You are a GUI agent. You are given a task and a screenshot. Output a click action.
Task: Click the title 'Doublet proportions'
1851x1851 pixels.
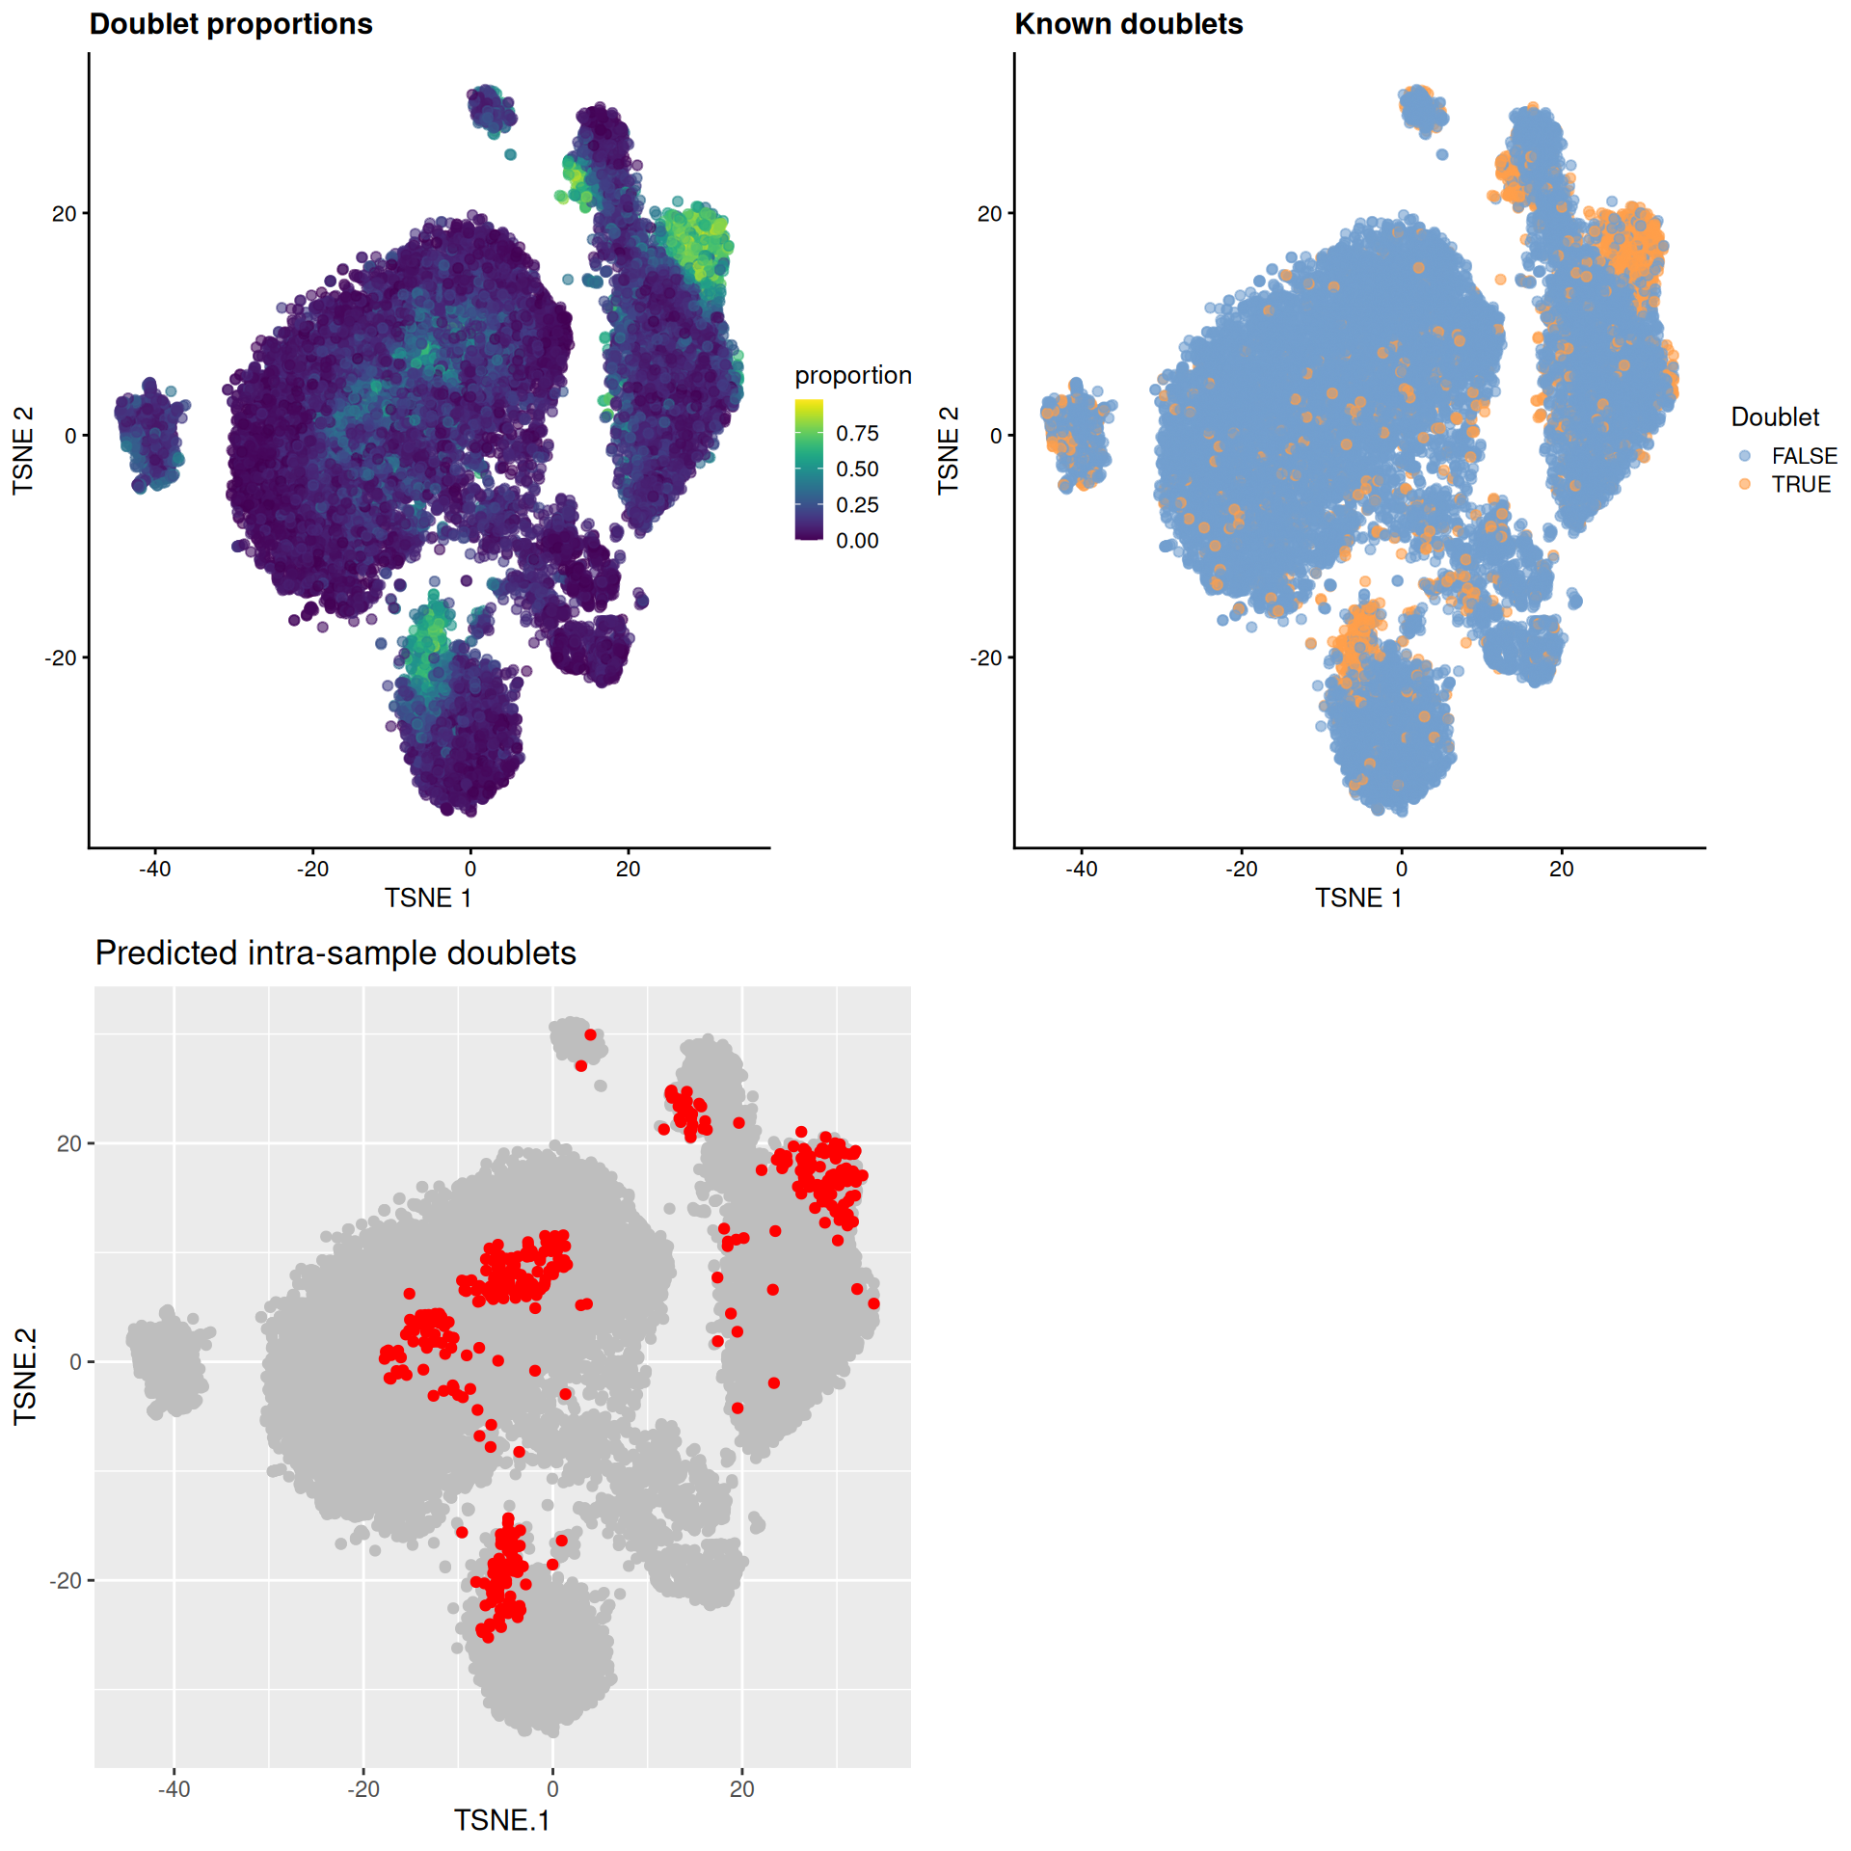pyautogui.click(x=230, y=24)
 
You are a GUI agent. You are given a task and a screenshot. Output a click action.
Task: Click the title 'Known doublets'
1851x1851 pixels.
pyautogui.click(x=1128, y=24)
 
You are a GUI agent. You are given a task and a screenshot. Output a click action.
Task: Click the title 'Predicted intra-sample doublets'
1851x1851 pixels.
pyautogui.click(x=335, y=952)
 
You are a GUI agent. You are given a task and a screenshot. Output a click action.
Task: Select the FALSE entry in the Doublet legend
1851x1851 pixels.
pyautogui.click(x=1803, y=456)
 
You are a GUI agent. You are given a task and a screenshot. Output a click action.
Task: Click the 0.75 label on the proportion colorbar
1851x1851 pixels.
pyautogui.click(x=857, y=434)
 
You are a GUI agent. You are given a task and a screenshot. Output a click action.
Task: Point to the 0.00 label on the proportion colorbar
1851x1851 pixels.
pyautogui.click(x=857, y=541)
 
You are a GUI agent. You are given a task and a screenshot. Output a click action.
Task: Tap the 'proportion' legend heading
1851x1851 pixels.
pyautogui.click(x=852, y=375)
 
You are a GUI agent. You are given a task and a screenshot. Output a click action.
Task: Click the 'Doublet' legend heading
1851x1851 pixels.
pyautogui.click(x=1775, y=417)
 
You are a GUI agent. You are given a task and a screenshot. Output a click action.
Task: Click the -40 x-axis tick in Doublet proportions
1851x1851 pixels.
pyautogui.click(x=154, y=869)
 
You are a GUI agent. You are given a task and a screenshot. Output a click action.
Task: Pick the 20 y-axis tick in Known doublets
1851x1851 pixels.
pyautogui.click(x=990, y=214)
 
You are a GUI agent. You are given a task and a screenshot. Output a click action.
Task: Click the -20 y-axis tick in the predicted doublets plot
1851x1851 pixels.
pyautogui.click(x=65, y=1580)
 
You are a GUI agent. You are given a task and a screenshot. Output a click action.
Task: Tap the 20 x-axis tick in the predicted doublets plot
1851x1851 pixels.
pyautogui.click(x=741, y=1789)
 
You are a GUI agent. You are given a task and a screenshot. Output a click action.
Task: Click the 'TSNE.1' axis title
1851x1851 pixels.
pyautogui.click(x=501, y=1820)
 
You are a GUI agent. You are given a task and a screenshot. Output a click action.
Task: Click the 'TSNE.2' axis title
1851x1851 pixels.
pyautogui.click(x=24, y=1377)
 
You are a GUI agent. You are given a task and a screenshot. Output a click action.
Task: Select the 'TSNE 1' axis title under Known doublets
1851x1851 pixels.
pyautogui.click(x=1358, y=899)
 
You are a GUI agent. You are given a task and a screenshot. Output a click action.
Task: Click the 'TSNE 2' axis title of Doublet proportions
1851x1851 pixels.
pyautogui.click(x=23, y=450)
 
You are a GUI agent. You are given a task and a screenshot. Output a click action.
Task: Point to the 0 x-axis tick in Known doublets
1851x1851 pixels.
pyautogui.click(x=1401, y=869)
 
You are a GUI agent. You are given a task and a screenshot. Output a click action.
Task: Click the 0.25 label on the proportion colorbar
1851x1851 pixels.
pyautogui.click(x=857, y=505)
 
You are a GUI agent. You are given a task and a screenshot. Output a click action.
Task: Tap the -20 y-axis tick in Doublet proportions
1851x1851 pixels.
pyautogui.click(x=62, y=657)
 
